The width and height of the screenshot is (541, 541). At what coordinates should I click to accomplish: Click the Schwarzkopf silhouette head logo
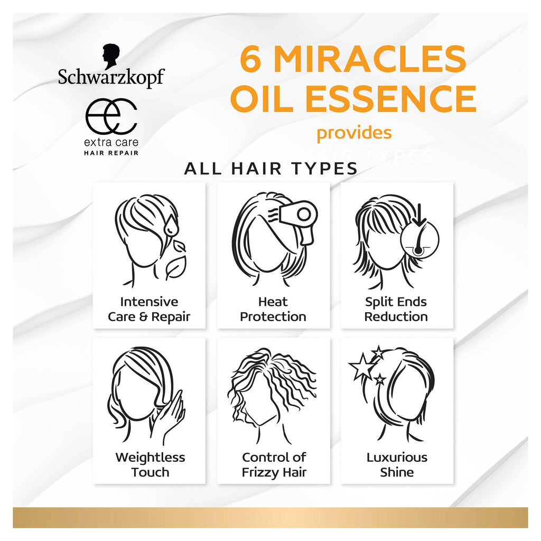111,57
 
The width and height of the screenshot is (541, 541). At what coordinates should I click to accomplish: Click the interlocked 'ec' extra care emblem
111,116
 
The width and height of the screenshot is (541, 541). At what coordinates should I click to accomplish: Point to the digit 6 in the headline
251,59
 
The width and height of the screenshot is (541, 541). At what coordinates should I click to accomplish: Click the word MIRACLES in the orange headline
370,59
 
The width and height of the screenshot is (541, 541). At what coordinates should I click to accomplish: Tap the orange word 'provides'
354,133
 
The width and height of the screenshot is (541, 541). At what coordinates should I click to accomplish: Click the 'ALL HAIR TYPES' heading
271,169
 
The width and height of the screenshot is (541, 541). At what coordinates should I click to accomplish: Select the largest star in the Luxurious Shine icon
361,367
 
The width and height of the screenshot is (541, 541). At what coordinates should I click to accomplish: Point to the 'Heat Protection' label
273,309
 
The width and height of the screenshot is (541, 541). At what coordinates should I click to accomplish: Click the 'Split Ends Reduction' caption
396,309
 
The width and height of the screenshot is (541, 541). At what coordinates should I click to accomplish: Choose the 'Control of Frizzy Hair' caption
274,465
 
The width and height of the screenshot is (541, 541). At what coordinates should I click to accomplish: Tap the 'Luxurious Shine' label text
397,464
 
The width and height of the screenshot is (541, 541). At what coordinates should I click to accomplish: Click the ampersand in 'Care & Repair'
143,317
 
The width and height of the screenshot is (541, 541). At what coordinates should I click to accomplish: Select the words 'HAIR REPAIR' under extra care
111,153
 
